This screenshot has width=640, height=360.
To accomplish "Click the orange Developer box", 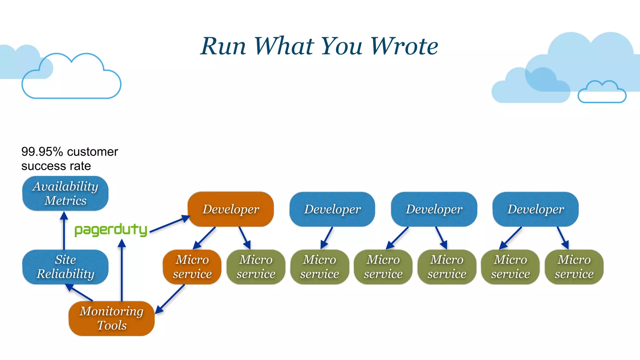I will (231, 209).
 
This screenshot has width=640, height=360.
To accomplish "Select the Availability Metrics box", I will (65, 193).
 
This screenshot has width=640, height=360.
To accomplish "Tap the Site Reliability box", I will (65, 267).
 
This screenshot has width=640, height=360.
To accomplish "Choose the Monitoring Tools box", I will (112, 318).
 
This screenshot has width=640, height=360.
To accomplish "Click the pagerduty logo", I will (111, 230).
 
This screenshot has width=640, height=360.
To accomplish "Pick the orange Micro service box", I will (192, 267).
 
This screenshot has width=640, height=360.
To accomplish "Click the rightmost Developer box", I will (535, 209).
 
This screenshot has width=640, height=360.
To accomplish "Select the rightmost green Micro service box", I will (574, 267).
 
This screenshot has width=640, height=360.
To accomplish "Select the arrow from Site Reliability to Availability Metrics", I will (64, 231).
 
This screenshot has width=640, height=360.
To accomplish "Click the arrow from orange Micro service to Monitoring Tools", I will (170, 298).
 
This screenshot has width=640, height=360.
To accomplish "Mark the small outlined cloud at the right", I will (602, 92).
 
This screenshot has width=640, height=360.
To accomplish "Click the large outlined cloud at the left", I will (71, 78).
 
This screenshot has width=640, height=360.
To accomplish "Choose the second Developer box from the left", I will (332, 209).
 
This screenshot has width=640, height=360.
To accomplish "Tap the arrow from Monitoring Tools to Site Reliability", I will (79, 292).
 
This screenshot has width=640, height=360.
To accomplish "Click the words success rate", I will (56, 166).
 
